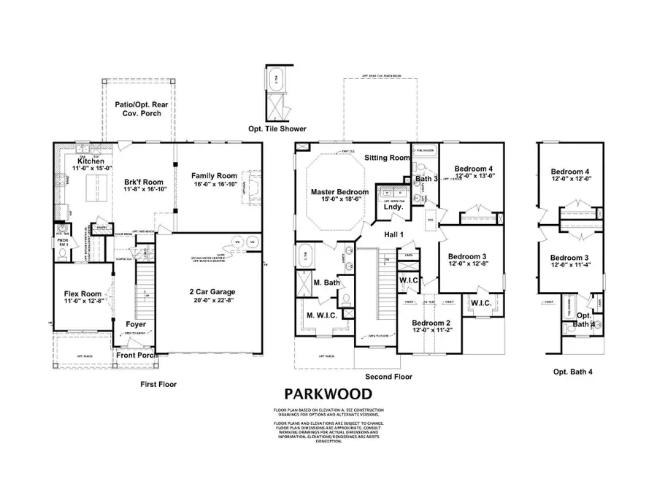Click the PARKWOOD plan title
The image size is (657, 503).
click(x=328, y=394)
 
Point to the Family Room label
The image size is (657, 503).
click(x=214, y=176)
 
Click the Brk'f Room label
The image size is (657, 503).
click(x=143, y=182)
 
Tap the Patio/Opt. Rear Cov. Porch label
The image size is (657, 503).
click(x=139, y=110)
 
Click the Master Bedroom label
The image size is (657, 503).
click(x=339, y=192)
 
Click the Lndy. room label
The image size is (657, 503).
click(x=393, y=207)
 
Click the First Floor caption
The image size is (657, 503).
click(x=158, y=383)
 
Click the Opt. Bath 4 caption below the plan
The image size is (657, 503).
click(x=572, y=372)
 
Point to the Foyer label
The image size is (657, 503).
click(x=137, y=324)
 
